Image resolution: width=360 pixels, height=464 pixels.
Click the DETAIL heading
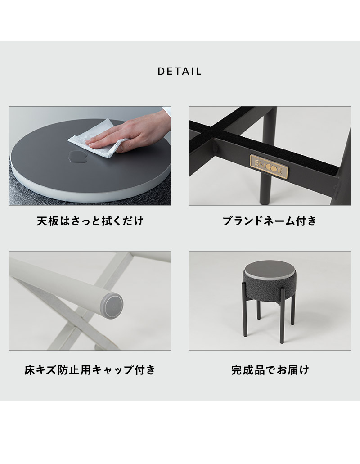(180, 72)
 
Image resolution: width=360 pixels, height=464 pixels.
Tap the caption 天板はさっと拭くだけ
(90, 221)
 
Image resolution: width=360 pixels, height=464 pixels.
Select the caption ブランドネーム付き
(270, 221)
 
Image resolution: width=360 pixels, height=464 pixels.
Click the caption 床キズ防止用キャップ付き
(90, 370)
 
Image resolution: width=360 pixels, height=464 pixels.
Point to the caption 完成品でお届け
(270, 370)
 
